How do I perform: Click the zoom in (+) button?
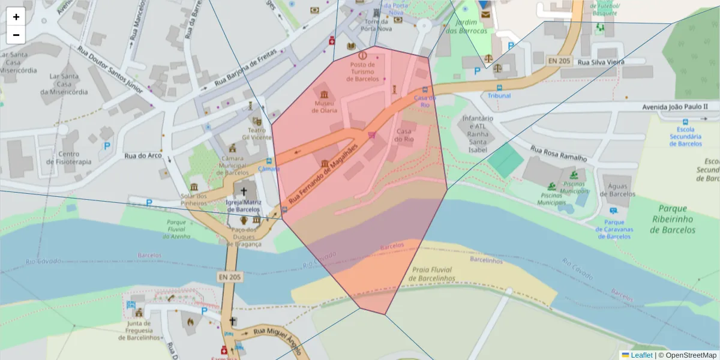click(16, 17)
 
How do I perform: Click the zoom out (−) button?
click(16, 35)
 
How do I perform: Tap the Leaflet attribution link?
click(641, 355)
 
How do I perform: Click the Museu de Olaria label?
click(325, 107)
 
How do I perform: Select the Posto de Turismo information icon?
click(362, 55)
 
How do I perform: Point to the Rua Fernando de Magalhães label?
click(323, 173)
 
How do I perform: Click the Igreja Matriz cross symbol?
click(244, 192)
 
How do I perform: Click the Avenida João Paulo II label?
click(674, 107)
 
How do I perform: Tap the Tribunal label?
click(499, 95)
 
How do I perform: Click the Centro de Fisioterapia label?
click(70, 158)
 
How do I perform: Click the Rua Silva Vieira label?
click(601, 62)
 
